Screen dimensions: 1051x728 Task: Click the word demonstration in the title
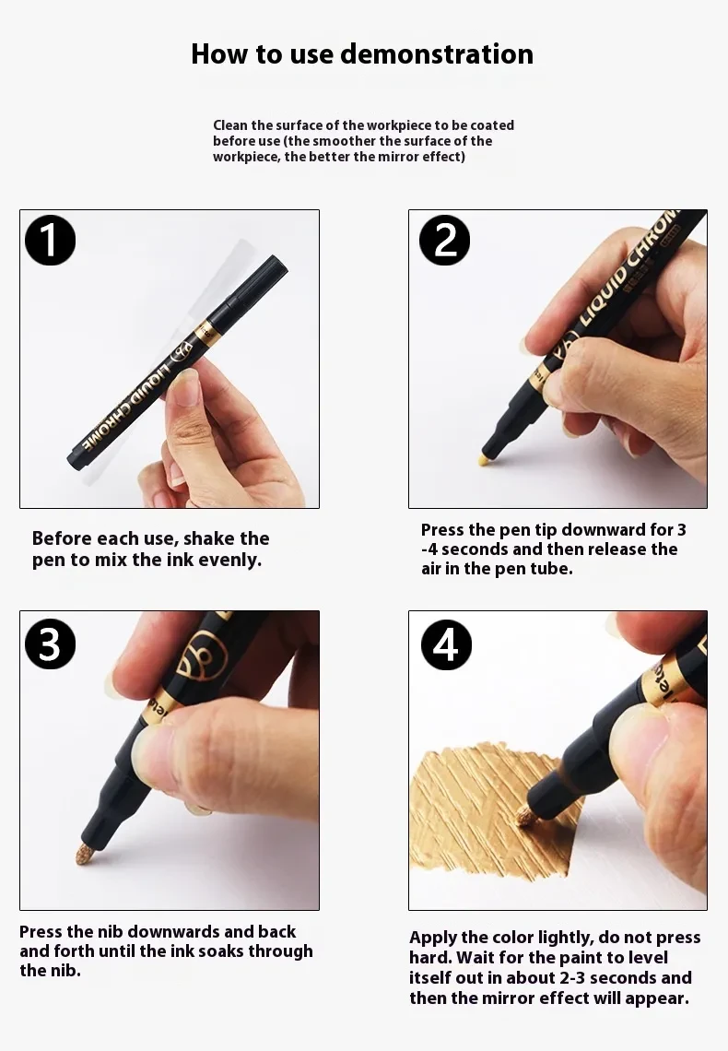click(x=436, y=54)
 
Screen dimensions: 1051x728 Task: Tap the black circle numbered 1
click(x=50, y=241)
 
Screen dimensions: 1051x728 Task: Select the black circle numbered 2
click(x=444, y=241)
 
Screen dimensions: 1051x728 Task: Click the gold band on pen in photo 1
click(x=206, y=329)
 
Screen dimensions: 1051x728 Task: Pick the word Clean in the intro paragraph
click(x=230, y=125)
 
